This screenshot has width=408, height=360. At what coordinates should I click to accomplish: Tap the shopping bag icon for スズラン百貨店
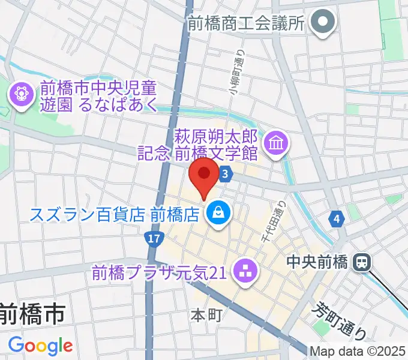[217, 213]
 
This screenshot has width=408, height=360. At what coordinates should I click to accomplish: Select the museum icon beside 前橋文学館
[277, 143]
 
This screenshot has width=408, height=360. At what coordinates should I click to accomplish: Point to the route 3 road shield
[225, 174]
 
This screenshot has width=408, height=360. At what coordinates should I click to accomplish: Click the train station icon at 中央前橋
[362, 262]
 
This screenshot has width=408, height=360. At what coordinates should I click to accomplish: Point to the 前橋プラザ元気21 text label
[158, 273]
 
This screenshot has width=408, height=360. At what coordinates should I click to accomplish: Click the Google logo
[40, 346]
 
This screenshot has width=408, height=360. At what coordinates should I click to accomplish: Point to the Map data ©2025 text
[358, 351]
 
